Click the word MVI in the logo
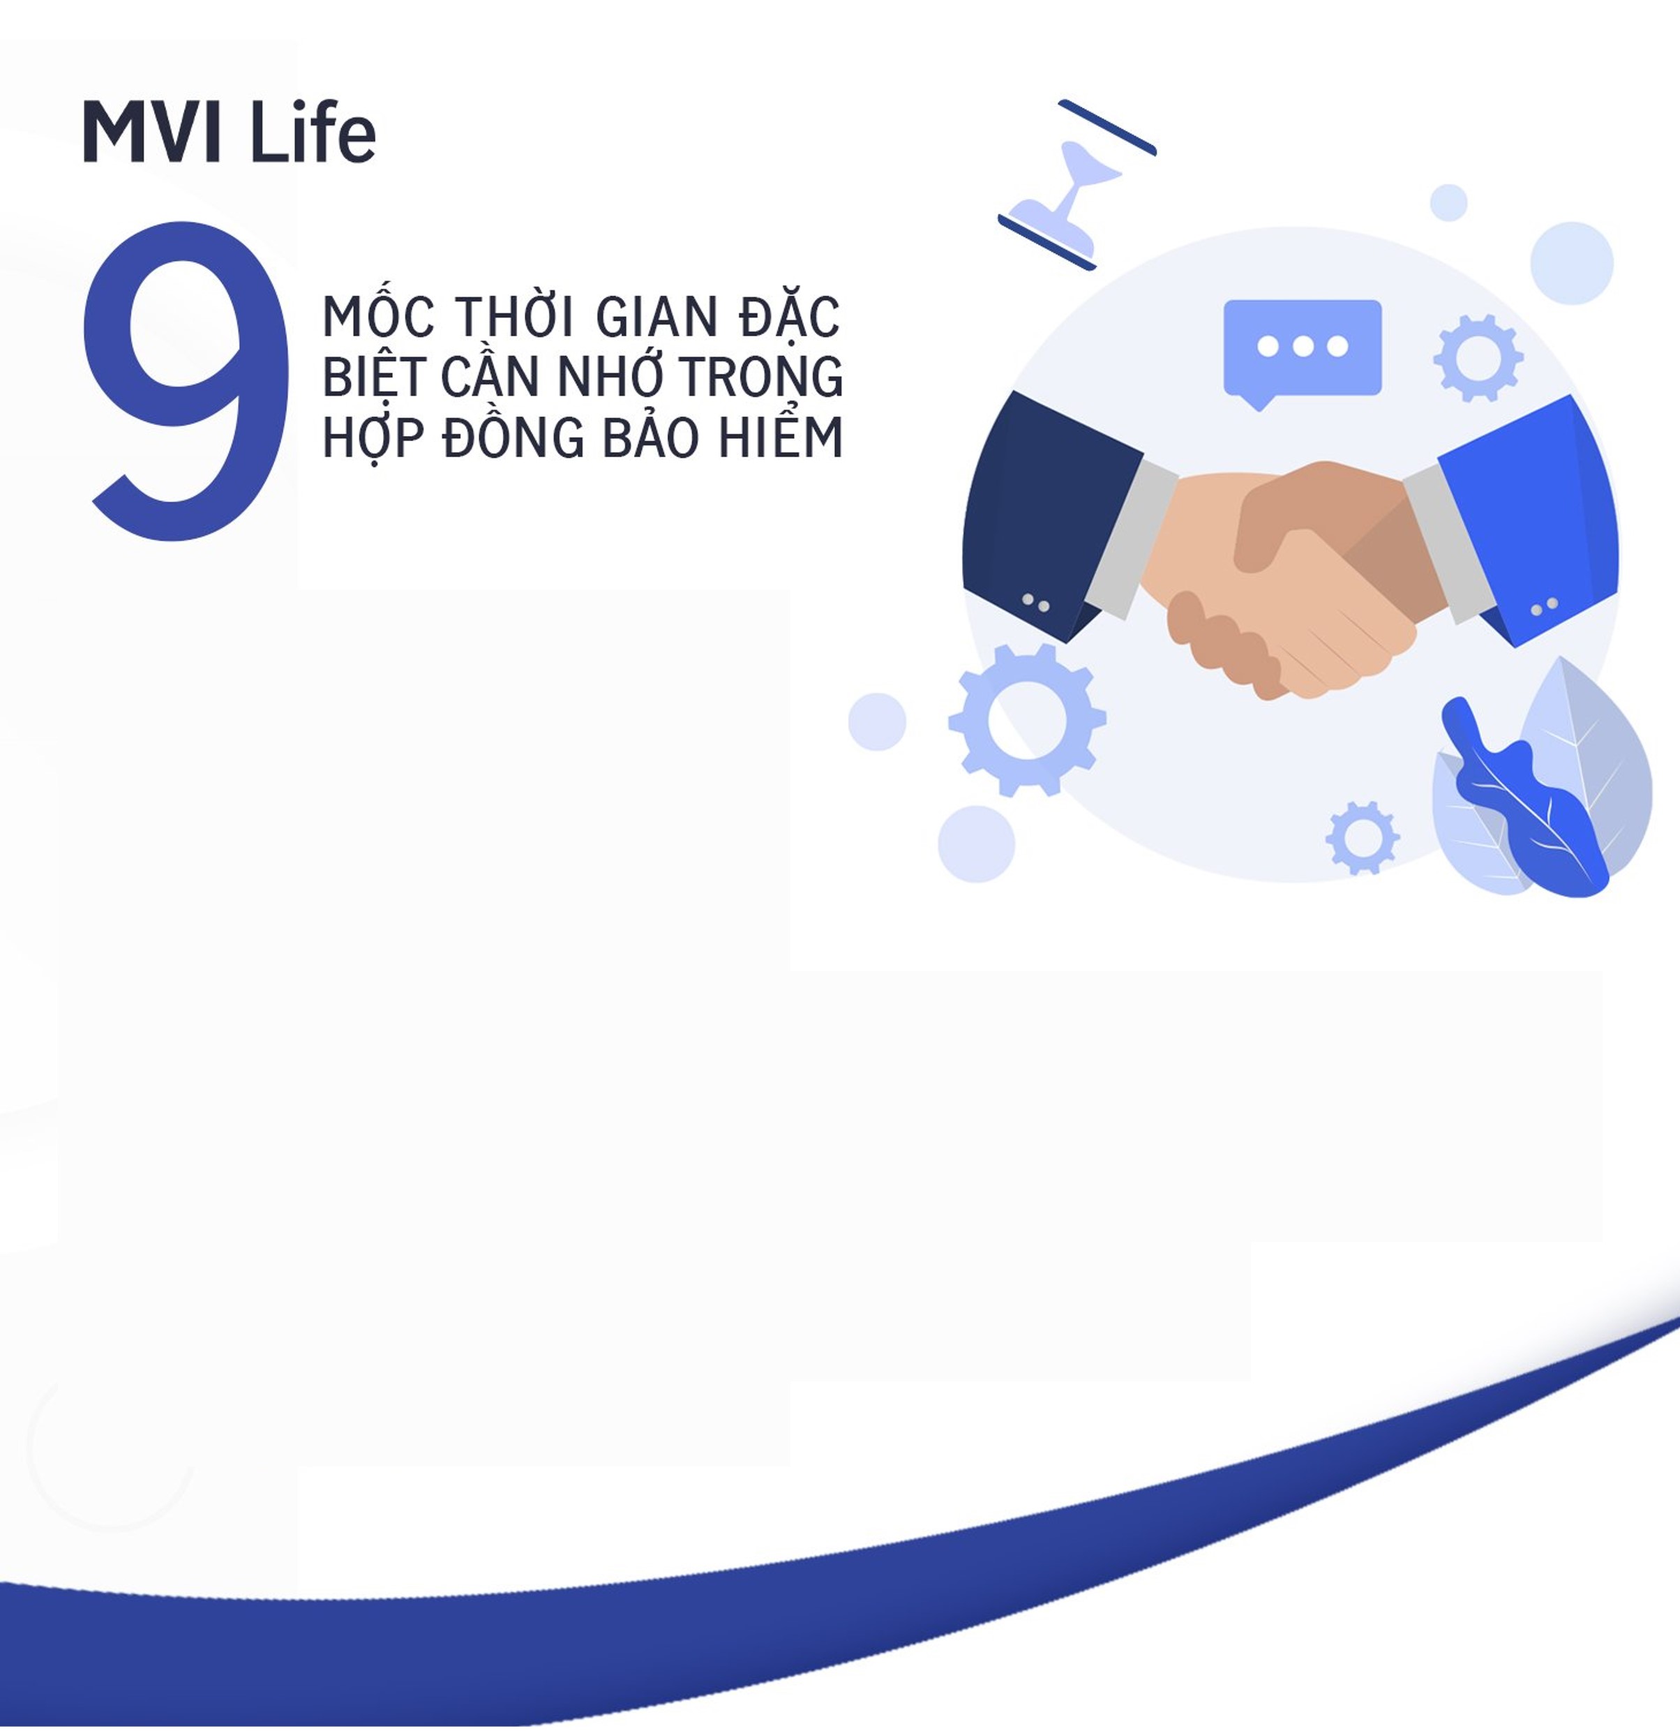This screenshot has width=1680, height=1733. coord(151,133)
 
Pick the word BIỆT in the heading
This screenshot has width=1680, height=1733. coord(375,376)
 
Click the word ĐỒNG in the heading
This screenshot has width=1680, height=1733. coord(513,436)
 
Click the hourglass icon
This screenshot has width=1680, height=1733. coord(1077,185)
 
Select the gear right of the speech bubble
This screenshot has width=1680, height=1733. coord(1478,358)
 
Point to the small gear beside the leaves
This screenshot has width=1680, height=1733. coord(1362,837)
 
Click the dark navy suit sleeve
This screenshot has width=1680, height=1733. coord(1052,513)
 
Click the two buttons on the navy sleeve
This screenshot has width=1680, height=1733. coord(1035,603)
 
